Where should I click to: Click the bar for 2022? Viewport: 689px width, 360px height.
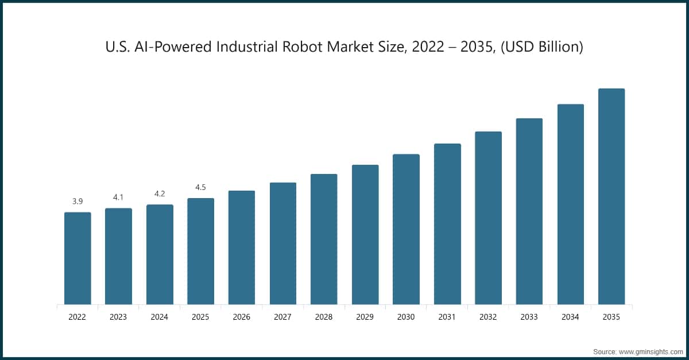[78, 258]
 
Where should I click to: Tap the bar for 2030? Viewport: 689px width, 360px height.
[406, 229]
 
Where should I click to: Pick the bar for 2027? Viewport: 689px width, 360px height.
[283, 243]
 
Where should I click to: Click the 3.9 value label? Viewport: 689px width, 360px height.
[78, 201]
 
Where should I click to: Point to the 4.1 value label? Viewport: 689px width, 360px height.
[118, 197]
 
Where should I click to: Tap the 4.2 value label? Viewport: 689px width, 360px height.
[160, 193]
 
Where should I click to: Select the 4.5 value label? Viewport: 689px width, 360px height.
[200, 187]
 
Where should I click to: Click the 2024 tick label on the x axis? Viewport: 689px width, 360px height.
[160, 316]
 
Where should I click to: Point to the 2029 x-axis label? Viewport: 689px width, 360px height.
[365, 316]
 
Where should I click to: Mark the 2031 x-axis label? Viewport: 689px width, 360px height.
[447, 316]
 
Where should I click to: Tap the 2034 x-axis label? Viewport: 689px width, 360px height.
[571, 316]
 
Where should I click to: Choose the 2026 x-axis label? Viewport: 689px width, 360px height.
[242, 316]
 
